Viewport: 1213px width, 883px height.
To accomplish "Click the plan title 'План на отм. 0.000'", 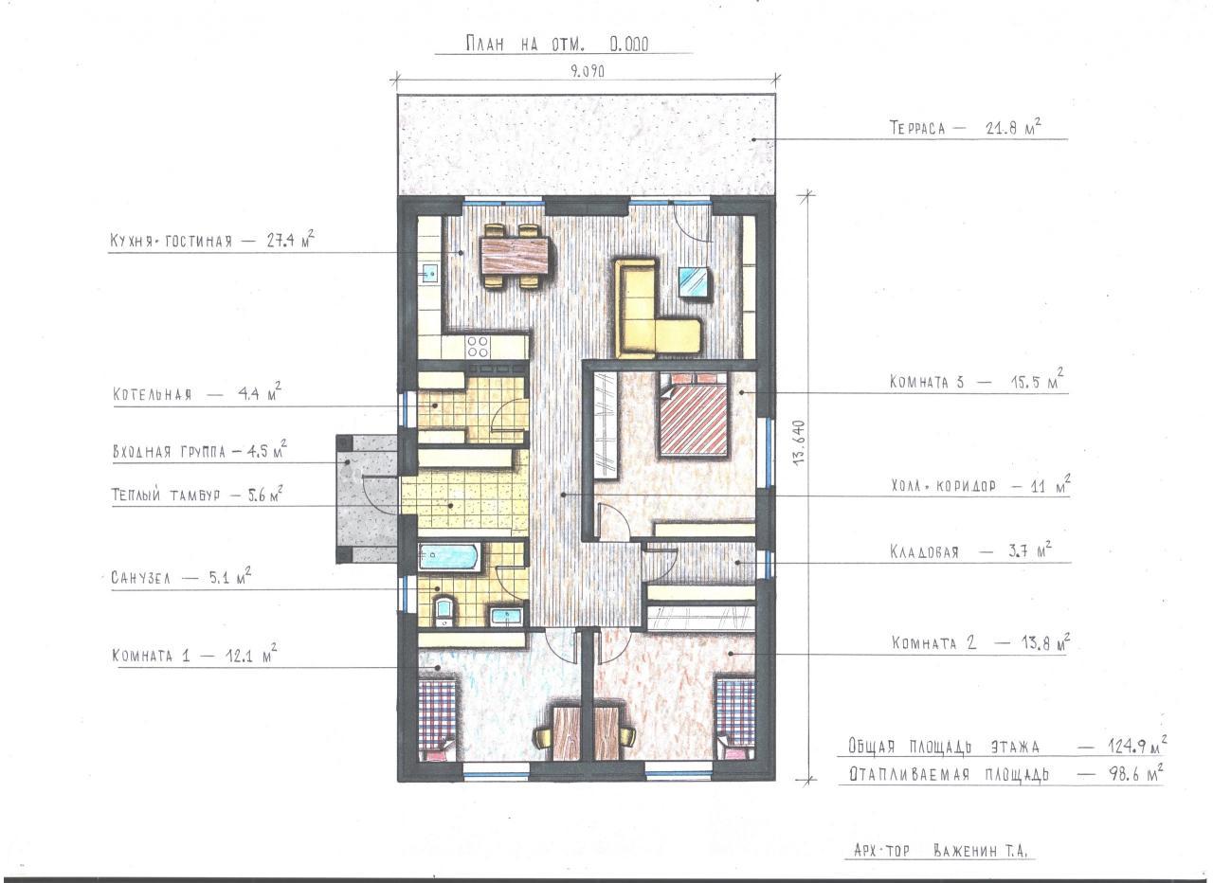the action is pyautogui.click(x=557, y=44).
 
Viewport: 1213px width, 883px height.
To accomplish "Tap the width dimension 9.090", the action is pyautogui.click(x=587, y=71).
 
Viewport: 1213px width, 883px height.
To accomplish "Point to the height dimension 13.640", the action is pyautogui.click(x=801, y=441).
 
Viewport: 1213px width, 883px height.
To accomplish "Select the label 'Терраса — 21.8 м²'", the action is pyautogui.click(x=966, y=127).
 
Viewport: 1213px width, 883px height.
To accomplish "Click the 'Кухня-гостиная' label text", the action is pyautogui.click(x=172, y=241).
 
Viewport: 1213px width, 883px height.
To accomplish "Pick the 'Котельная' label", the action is pyautogui.click(x=153, y=393).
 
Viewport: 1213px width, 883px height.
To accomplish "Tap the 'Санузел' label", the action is pyautogui.click(x=141, y=578).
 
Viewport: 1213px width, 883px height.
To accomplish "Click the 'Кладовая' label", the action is pyautogui.click(x=924, y=551).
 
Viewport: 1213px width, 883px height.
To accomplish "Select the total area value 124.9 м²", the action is pyautogui.click(x=1138, y=748).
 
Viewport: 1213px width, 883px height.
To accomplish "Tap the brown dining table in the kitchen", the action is pyautogui.click(x=516, y=256).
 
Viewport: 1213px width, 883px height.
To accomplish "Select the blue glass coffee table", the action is pyautogui.click(x=695, y=281).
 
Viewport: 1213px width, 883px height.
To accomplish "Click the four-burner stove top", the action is pyautogui.click(x=478, y=347).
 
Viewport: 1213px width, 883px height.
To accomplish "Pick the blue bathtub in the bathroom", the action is pyautogui.click(x=449, y=556).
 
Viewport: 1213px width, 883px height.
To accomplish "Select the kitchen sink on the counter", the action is pyautogui.click(x=430, y=275).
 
